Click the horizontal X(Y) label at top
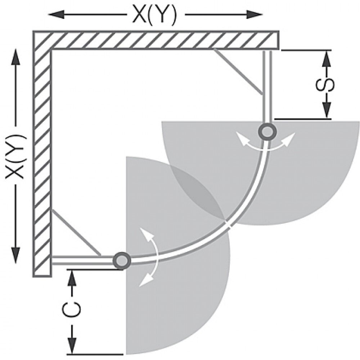(154, 15)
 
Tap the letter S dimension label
(325, 85)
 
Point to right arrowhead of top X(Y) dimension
(254, 15)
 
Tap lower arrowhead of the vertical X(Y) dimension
(15, 255)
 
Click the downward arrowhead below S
(327, 110)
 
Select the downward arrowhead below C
(72, 345)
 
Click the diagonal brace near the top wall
(238, 72)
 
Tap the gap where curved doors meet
(228, 224)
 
